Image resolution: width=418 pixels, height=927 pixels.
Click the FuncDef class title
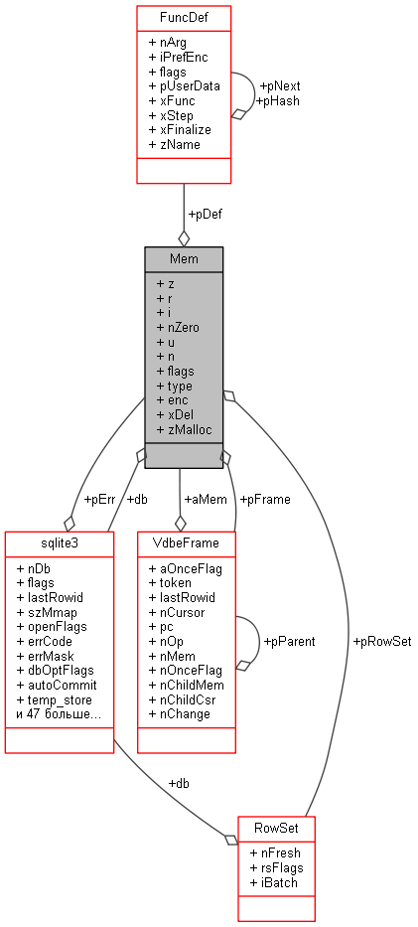(184, 17)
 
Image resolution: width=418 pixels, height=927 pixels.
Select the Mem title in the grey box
(184, 258)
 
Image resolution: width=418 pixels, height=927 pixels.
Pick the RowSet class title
(276, 828)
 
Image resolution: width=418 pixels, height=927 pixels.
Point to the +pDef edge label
(206, 215)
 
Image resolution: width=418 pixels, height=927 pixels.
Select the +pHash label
(278, 100)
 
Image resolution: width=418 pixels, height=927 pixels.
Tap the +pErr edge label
(99, 499)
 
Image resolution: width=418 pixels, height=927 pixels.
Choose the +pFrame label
(266, 499)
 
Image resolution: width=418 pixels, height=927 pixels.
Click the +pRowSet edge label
(382, 641)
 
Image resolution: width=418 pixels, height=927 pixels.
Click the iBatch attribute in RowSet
(273, 882)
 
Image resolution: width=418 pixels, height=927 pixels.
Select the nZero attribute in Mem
(180, 326)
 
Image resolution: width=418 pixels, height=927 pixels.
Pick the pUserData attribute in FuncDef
(184, 85)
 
